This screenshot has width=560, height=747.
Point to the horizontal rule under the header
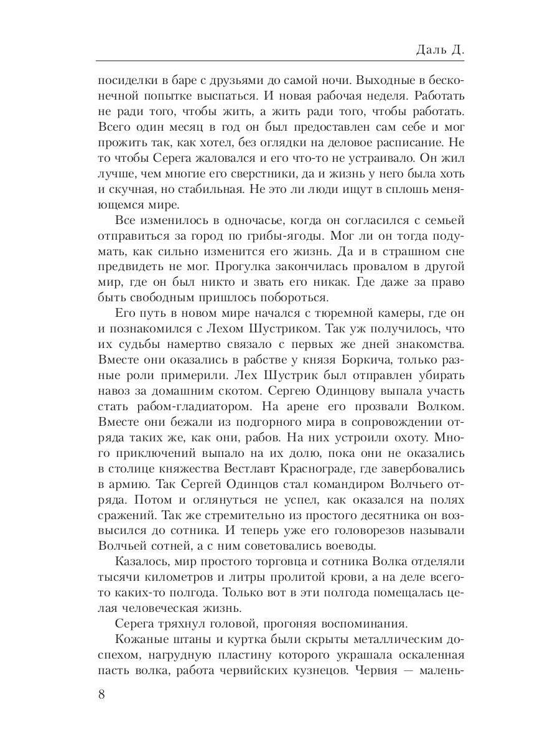tap(280, 61)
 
